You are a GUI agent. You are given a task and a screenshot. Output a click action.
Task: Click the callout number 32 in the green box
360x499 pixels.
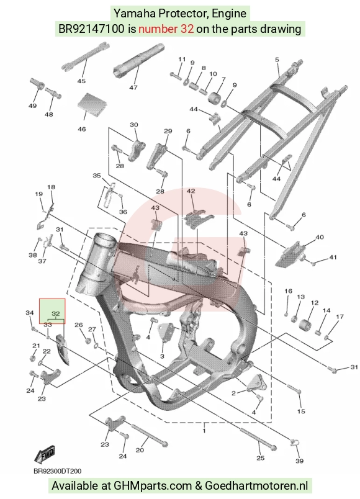[55, 314]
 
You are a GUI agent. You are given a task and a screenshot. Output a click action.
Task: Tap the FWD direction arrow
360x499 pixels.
[45, 454]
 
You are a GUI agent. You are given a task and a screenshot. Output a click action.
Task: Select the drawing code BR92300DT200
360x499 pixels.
[57, 471]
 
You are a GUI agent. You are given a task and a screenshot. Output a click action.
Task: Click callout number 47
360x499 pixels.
[133, 88]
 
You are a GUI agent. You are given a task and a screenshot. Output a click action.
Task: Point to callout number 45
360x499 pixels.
[81, 81]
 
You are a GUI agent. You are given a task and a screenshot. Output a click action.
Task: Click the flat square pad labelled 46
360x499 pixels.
[92, 105]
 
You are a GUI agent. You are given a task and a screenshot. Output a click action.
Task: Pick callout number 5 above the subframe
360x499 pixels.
[277, 60]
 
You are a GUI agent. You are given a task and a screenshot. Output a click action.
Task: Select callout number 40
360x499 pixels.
[319, 237]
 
